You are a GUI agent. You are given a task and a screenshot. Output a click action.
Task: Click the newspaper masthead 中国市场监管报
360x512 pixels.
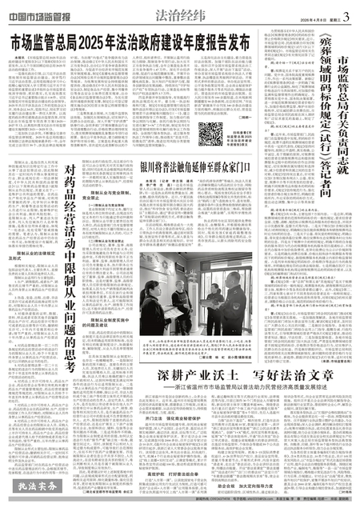39,10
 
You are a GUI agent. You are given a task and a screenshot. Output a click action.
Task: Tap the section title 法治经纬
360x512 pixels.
180,12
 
